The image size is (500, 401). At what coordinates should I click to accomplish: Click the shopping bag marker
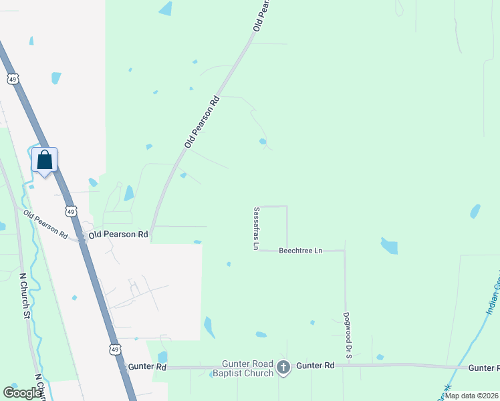tap(45, 161)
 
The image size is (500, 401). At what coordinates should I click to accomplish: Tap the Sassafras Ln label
tap(255, 228)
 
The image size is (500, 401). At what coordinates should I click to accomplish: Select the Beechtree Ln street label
tap(300, 251)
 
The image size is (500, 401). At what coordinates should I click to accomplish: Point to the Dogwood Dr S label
tap(348, 336)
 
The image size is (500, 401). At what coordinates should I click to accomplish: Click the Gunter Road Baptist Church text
tap(243, 368)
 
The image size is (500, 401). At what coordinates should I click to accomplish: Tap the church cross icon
tap(283, 366)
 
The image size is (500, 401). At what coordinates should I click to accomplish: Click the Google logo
tap(22, 393)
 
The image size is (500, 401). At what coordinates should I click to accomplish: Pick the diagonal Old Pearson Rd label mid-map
tap(202, 123)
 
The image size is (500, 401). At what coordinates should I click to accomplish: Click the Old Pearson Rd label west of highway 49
tap(45, 225)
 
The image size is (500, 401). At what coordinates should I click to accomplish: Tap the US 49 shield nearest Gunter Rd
tap(115, 350)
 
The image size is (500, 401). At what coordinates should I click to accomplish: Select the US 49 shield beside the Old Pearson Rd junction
tap(71, 211)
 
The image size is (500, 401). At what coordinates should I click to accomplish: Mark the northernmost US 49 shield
tap(13, 80)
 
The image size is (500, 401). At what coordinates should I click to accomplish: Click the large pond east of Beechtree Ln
tap(389, 246)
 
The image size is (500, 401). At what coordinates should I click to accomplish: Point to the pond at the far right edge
tap(475, 211)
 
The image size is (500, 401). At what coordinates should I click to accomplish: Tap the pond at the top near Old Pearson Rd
tap(165, 9)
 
